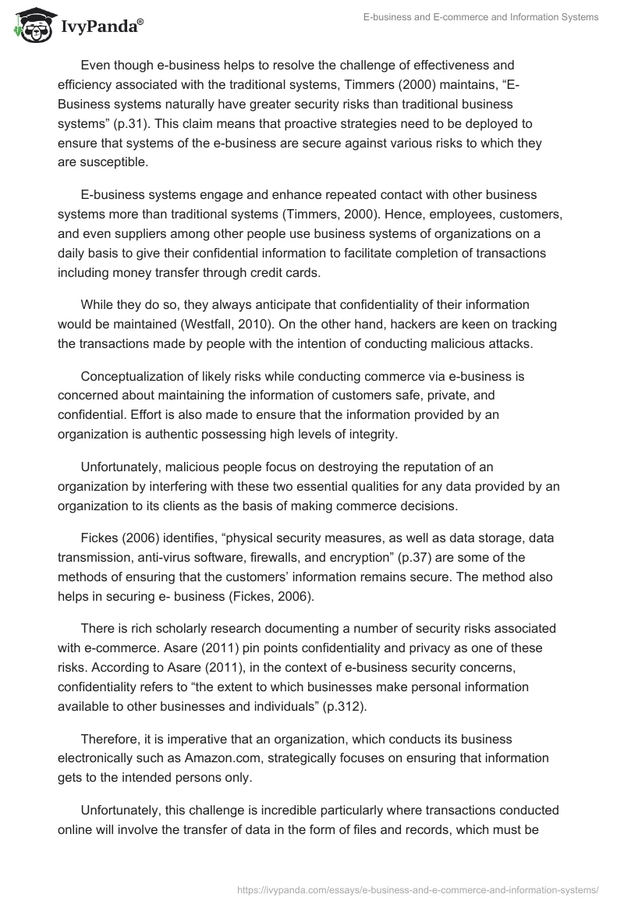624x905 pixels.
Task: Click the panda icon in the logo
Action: [30, 27]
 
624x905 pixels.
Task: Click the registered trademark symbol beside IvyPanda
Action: [140, 22]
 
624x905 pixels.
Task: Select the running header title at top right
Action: [481, 17]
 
